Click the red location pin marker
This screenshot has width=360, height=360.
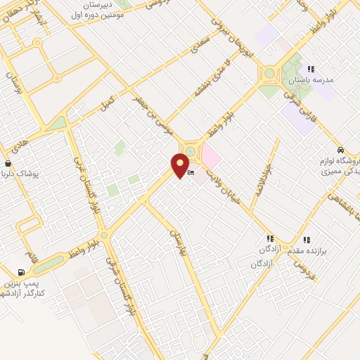pyautogui.click(x=181, y=165)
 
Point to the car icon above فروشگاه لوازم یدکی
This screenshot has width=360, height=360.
pyautogui.click(x=340, y=150)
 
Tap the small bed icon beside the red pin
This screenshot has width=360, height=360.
pyautogui.click(x=191, y=173)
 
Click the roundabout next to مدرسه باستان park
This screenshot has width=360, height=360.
pyautogui.click(x=269, y=72)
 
